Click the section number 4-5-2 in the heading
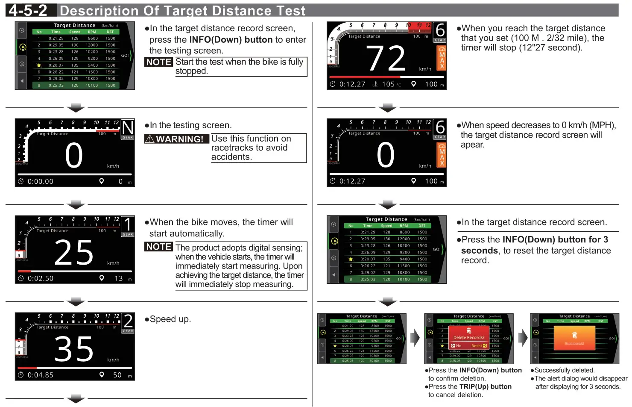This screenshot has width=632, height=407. pyautogui.click(x=28, y=10)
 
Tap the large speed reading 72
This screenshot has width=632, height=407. pyautogui.click(x=386, y=59)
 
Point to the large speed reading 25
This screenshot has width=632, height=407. pyautogui.click(x=73, y=253)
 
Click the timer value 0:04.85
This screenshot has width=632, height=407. pyautogui.click(x=40, y=375)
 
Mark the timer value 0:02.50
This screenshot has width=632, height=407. pyautogui.click(x=40, y=278)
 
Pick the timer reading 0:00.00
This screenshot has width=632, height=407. pyautogui.click(x=40, y=182)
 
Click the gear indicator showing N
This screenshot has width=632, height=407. pyautogui.click(x=128, y=128)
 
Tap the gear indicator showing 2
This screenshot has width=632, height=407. pyautogui.click(x=128, y=321)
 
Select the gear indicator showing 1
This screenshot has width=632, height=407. pyautogui.click(x=128, y=224)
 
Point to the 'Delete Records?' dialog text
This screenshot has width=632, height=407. pyautogui.click(x=469, y=337)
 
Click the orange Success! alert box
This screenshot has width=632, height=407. pyautogui.click(x=574, y=338)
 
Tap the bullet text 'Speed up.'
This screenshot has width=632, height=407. pyautogui.click(x=170, y=319)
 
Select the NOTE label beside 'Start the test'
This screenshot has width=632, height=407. pyautogui.click(x=158, y=62)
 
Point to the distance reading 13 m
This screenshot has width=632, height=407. pyautogui.click(x=119, y=278)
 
